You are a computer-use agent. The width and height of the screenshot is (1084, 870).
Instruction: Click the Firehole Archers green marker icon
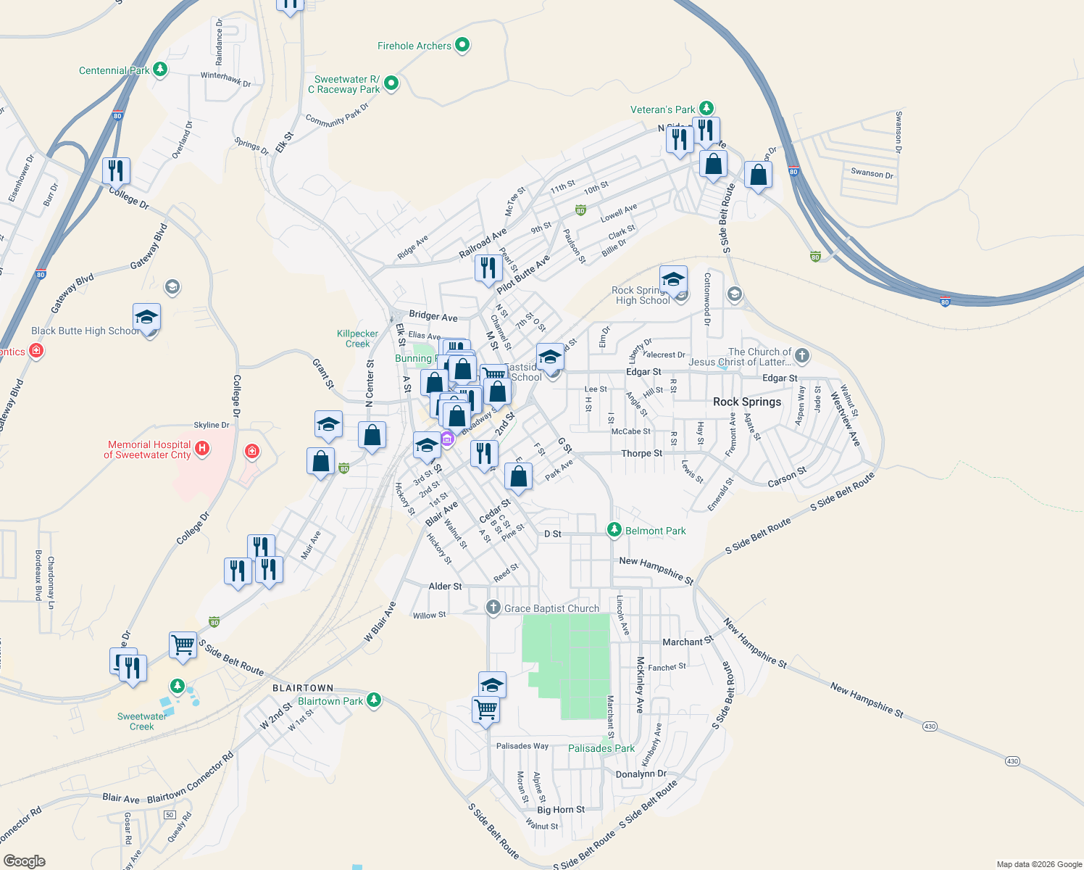coord(462,45)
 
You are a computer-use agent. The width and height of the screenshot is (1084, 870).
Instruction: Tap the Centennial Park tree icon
coord(160,70)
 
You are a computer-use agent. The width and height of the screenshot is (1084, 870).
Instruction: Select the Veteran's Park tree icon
coord(706,109)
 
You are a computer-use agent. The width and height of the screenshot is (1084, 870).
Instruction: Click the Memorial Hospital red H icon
coord(202,449)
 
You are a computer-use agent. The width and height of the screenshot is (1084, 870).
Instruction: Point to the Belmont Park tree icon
coord(614,531)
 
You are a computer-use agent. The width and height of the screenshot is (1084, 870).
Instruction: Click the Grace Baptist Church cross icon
coord(493,608)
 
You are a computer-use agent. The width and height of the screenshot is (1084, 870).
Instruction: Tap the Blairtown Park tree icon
coord(374,700)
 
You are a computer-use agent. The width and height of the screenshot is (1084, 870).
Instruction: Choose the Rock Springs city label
coord(747,402)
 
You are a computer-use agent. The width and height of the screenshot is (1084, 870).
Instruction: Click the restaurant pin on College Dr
coord(116,172)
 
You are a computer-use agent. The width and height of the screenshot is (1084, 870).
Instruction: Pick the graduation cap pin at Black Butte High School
coord(146,318)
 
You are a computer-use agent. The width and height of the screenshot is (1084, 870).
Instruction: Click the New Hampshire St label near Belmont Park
coord(656,570)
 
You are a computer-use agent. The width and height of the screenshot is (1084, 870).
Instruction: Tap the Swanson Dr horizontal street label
coord(872,173)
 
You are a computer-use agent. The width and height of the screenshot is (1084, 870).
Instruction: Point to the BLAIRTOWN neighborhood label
coord(303,688)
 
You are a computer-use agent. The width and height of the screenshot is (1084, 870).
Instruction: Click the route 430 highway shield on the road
coord(1012,761)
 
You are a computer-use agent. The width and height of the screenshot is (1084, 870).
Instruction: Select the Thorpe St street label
coord(641,453)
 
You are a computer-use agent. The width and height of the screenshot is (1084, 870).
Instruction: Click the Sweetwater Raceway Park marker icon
coord(391,83)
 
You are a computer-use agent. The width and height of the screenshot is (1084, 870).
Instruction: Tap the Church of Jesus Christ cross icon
coord(801,355)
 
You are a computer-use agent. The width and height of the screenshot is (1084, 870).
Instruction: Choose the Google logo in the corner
coord(24,861)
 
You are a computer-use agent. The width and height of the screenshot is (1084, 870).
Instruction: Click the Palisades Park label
coord(601,748)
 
